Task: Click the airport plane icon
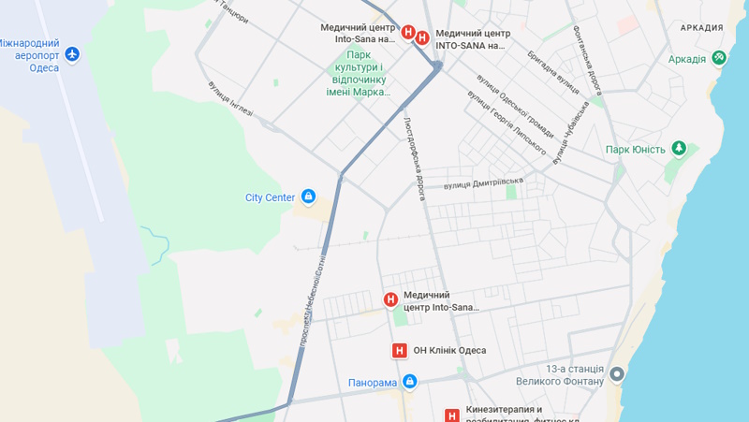point(72,54)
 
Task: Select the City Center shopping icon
point(308,196)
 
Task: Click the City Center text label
point(270,197)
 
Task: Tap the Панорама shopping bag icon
point(409,382)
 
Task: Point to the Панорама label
point(374,383)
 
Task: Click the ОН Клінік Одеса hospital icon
point(400,351)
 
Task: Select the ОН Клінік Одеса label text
point(449,351)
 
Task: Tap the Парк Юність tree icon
point(679,149)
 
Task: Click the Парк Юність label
point(635,150)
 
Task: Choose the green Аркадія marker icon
point(718,59)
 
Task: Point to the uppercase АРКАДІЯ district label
point(701,28)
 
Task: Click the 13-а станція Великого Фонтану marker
point(616,374)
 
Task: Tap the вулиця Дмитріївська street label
point(483,182)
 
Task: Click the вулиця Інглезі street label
point(230,99)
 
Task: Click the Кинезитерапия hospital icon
point(451,415)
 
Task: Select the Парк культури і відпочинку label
point(360,73)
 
